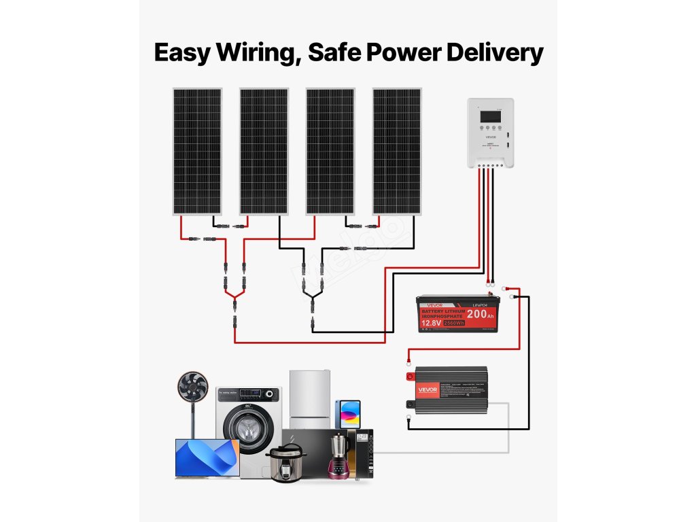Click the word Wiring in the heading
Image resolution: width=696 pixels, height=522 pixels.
tap(255, 53)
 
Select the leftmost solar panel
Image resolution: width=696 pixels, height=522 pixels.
tap(196, 151)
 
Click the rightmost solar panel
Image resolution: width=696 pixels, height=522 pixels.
tap(397, 151)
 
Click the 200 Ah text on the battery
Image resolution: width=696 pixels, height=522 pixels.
tap(481, 314)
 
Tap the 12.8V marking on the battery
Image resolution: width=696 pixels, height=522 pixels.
tap(430, 323)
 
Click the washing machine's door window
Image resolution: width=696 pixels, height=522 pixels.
tap(242, 430)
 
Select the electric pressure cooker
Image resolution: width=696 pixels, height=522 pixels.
tap(285, 463)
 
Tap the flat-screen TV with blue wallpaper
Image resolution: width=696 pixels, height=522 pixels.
tap(207, 457)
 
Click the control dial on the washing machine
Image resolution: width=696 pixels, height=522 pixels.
tap(271, 394)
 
